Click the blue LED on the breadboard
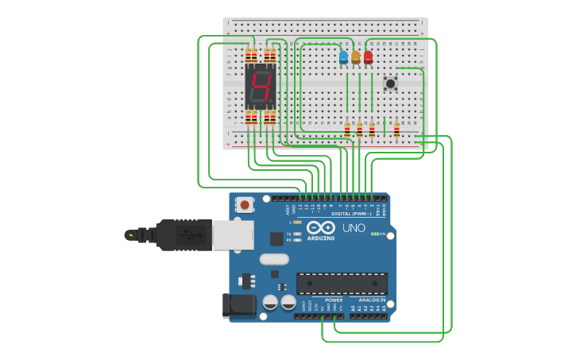[x=343, y=57]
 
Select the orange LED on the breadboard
[x=356, y=57]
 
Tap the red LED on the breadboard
[x=368, y=57]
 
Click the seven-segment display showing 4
[x=260, y=87]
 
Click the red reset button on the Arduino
[x=245, y=205]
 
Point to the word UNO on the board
[x=354, y=228]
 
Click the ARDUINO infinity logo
[x=321, y=227]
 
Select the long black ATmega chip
[x=342, y=284]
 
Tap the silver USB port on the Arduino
[x=233, y=235]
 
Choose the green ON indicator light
[x=375, y=234]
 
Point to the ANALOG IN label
[x=371, y=300]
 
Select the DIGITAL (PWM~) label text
[x=350, y=214]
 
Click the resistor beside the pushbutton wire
[x=396, y=130]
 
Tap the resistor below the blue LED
[x=347, y=130]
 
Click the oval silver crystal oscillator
[x=274, y=258]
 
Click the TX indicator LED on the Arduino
[x=297, y=234]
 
